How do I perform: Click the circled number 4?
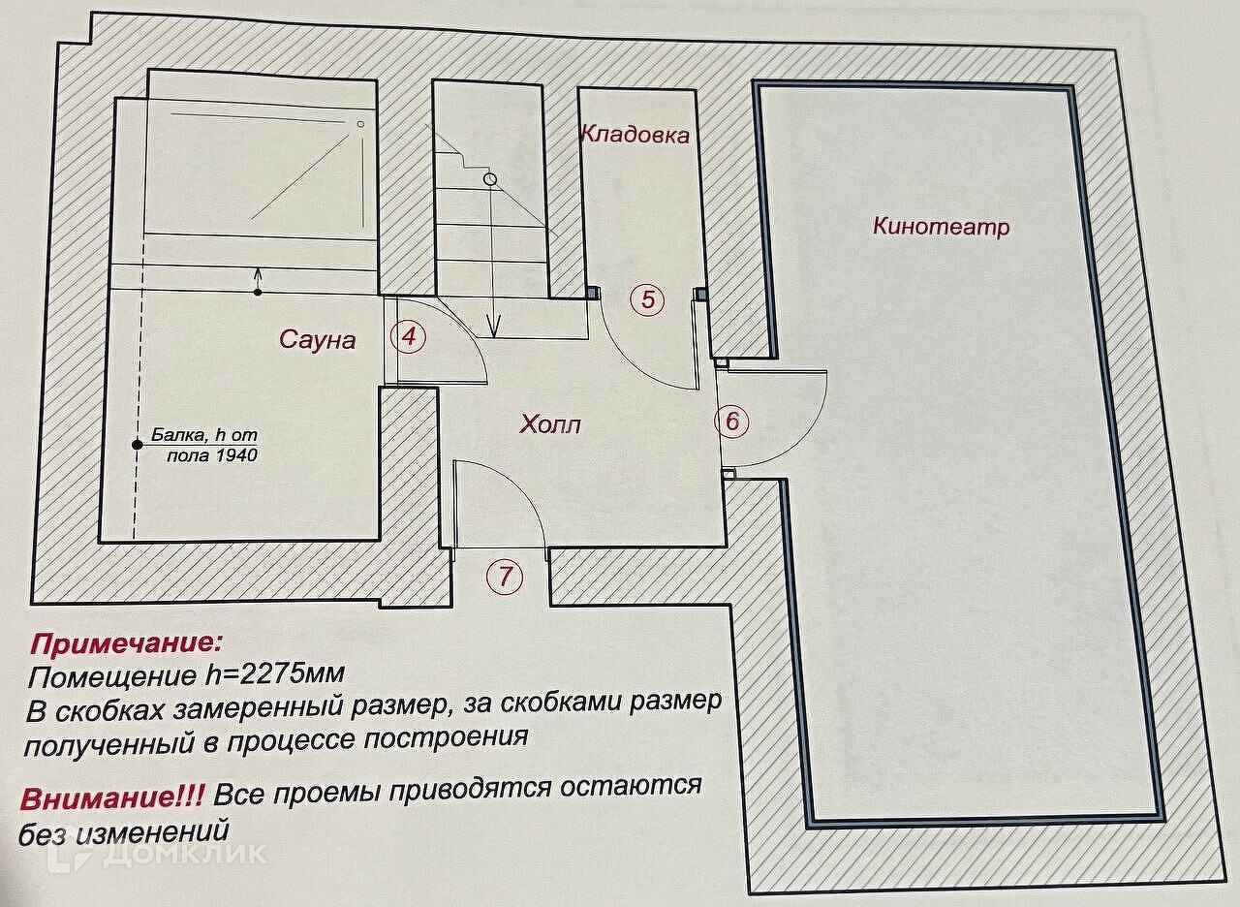click(408, 337)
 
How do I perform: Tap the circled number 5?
click(648, 299)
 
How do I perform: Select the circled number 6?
click(732, 422)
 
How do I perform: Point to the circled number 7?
click(505, 578)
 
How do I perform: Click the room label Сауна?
click(317, 339)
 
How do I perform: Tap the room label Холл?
click(550, 423)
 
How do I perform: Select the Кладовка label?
click(635, 135)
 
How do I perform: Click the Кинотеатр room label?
click(941, 228)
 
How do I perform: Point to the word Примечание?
click(126, 643)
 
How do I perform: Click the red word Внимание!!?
click(111, 798)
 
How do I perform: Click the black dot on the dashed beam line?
click(138, 445)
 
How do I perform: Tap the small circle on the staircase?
click(490, 179)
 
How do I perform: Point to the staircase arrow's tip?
click(493, 333)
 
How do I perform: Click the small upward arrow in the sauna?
click(258, 277)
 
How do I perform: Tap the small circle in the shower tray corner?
click(359, 124)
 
